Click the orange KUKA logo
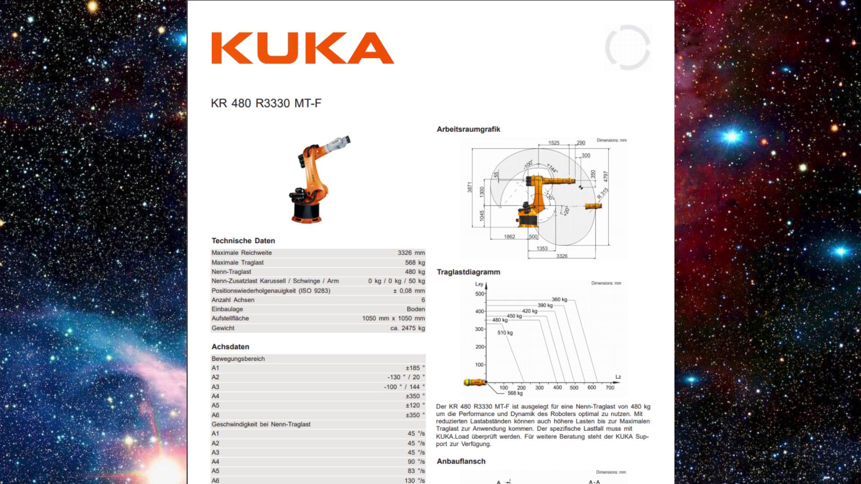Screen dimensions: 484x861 point(303,48)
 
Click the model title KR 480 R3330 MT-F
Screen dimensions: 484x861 point(266,104)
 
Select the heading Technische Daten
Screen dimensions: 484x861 point(243,241)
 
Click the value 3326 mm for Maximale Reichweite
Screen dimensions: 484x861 point(411,253)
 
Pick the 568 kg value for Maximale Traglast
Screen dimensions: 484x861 point(415,263)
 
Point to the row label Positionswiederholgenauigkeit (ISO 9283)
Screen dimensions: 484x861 point(271,291)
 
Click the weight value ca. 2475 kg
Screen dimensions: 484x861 point(407,328)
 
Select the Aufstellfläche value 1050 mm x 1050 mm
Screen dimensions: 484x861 point(393,319)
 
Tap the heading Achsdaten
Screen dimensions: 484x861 point(230,347)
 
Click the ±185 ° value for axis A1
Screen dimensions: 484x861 point(415,368)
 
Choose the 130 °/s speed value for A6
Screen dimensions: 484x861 point(414,480)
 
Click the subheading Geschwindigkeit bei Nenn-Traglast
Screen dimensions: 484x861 point(261,424)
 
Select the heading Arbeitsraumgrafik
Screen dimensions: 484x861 point(468,130)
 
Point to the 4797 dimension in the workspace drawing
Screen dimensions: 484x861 point(605,176)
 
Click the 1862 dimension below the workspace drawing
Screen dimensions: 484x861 point(509,237)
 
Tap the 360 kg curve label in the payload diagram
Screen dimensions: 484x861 point(559,299)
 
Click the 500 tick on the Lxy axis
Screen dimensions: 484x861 point(479,294)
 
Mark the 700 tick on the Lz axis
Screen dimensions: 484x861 point(610,388)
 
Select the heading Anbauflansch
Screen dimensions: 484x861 point(461,461)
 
